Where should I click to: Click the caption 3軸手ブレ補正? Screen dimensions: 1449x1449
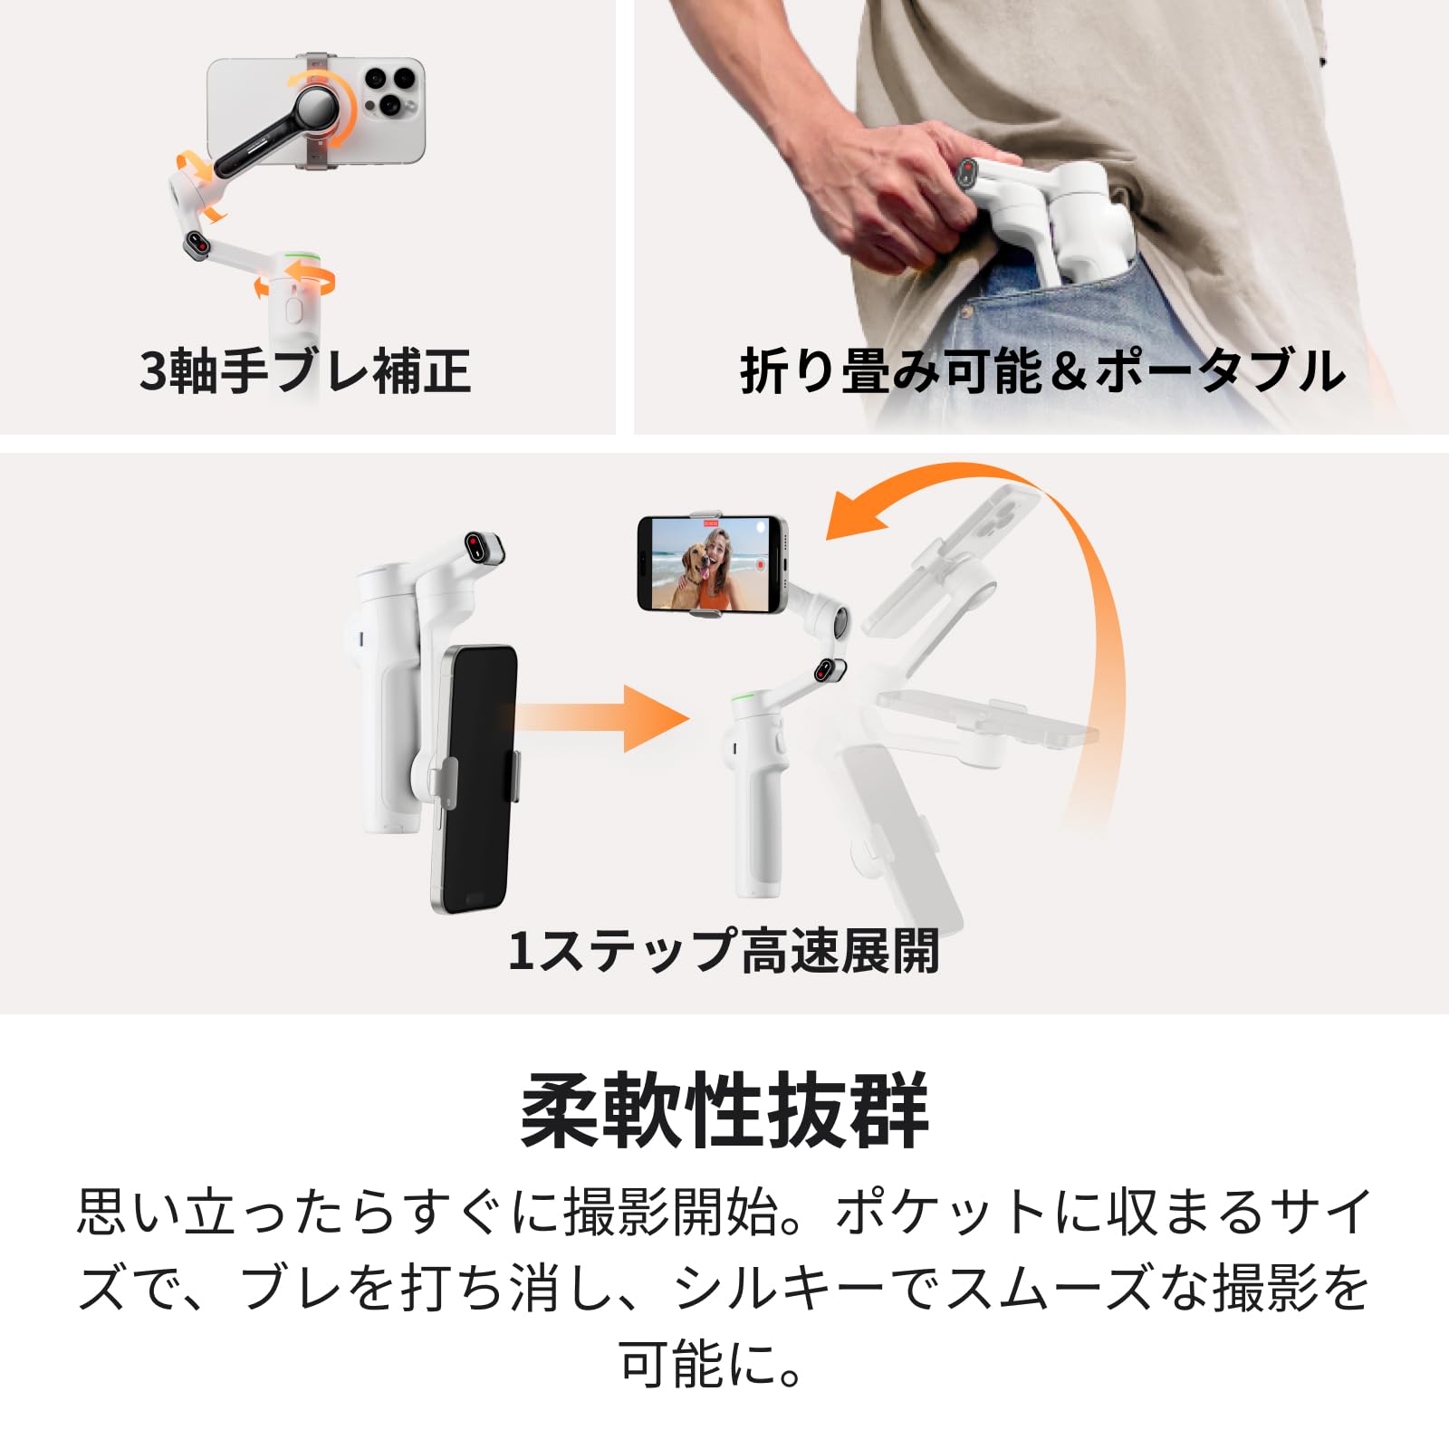pyautogui.click(x=305, y=371)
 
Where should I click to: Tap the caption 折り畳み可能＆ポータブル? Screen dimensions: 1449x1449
pyautogui.click(x=1043, y=371)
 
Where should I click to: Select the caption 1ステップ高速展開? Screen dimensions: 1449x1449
pyautogui.click(x=723, y=951)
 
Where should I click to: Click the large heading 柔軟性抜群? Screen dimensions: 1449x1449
pyautogui.click(x=724, y=1110)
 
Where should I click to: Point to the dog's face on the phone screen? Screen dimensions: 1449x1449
pyautogui.click(x=696, y=564)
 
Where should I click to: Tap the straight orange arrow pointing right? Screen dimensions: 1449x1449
pyautogui.click(x=602, y=719)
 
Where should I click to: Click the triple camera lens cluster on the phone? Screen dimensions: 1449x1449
pyautogui.click(x=389, y=89)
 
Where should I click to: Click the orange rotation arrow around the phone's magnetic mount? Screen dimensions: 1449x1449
pyautogui.click(x=324, y=107)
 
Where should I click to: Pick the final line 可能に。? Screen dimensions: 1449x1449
pyautogui.click(x=712, y=1364)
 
